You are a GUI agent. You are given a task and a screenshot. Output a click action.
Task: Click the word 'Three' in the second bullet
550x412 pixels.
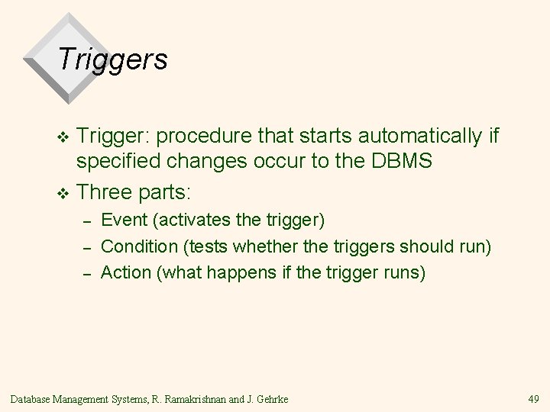tap(105, 189)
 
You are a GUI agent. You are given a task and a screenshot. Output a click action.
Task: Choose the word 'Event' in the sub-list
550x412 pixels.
tap(123, 221)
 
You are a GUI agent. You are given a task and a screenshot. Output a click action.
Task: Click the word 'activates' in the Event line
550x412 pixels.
tap(189, 221)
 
